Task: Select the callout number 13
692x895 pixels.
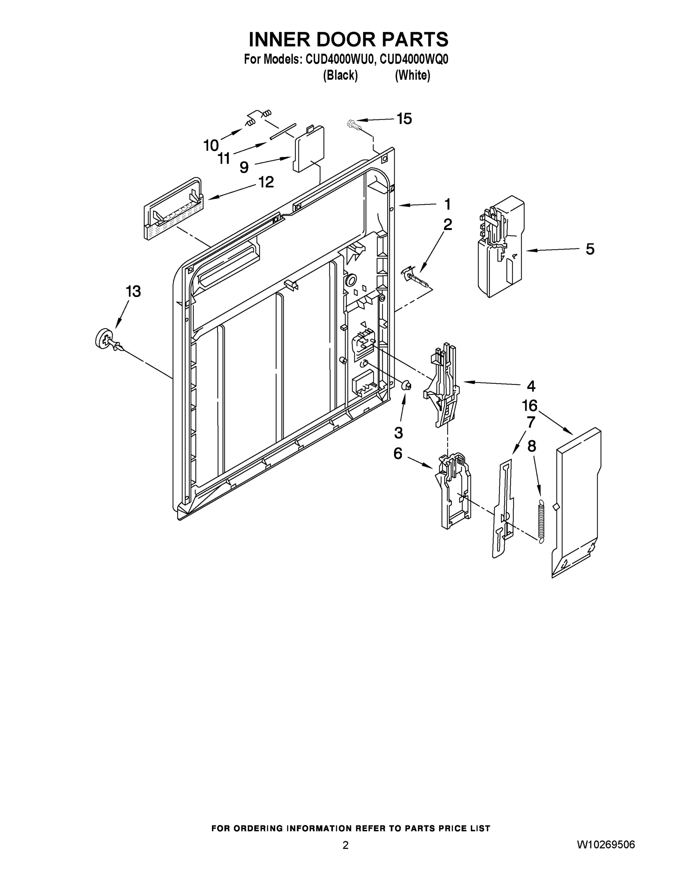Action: pyautogui.click(x=133, y=291)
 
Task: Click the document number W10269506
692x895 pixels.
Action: pyautogui.click(x=605, y=845)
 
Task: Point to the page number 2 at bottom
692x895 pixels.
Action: pyautogui.click(x=345, y=845)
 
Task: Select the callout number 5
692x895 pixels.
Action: pyautogui.click(x=589, y=249)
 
